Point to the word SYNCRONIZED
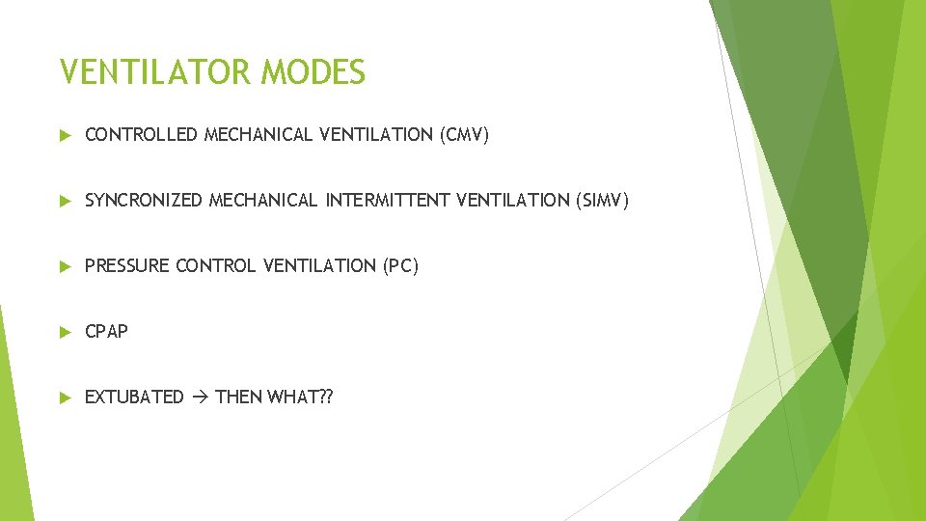(x=144, y=201)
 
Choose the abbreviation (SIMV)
(x=602, y=201)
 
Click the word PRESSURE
(x=127, y=266)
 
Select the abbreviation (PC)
(x=398, y=266)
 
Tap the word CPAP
(x=106, y=332)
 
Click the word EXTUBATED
(x=134, y=398)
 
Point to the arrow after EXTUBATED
(x=200, y=398)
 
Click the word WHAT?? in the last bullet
(x=300, y=398)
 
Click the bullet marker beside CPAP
(x=65, y=332)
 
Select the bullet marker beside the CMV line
(x=65, y=135)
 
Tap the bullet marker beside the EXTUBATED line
(x=65, y=398)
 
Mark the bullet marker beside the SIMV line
(x=65, y=201)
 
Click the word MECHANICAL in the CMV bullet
(x=259, y=135)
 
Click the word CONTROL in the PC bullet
(x=214, y=266)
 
